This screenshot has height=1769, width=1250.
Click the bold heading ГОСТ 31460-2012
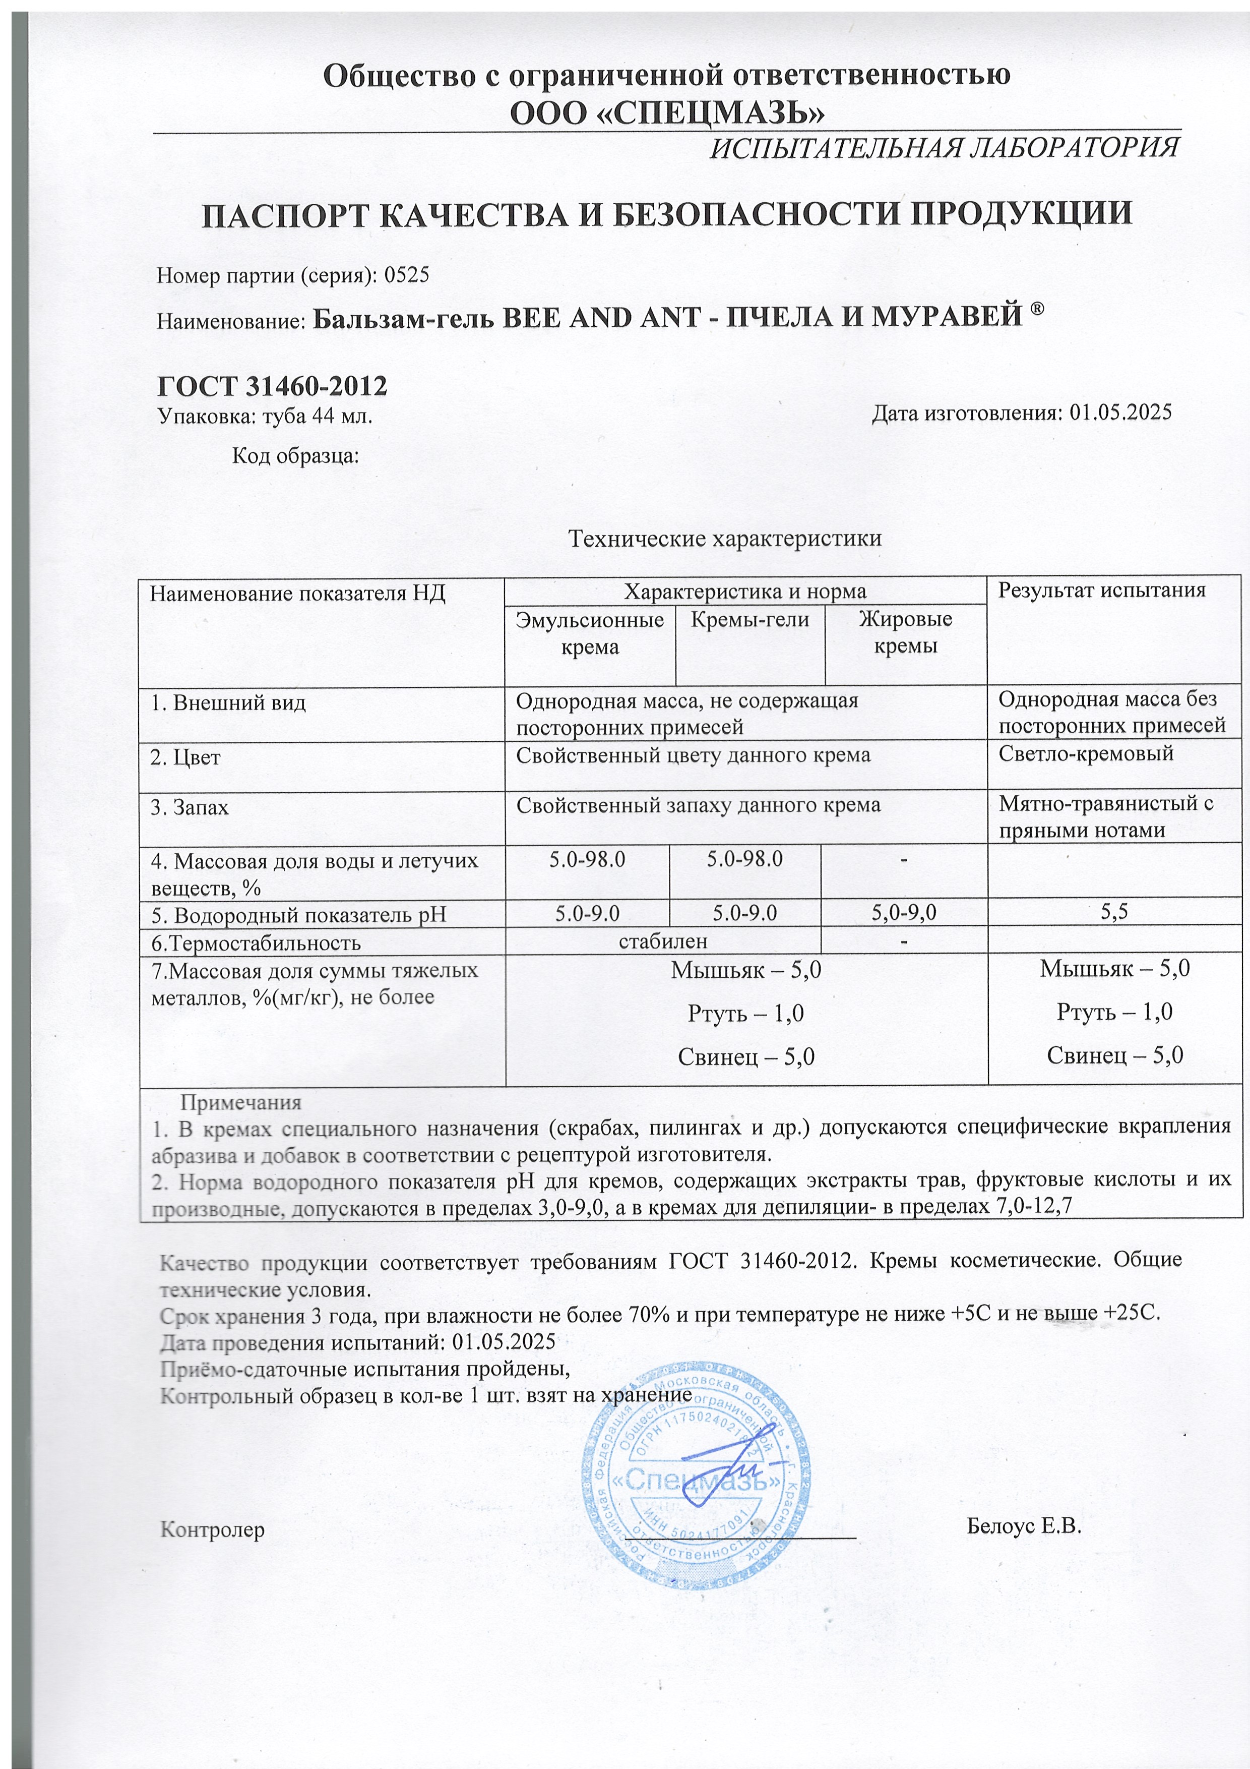272,385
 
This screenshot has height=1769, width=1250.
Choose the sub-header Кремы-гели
749,619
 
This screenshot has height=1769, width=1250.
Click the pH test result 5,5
1114,913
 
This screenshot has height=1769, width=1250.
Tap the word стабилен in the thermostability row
663,941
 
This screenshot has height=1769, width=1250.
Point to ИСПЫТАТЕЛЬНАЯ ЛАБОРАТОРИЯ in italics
944,146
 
